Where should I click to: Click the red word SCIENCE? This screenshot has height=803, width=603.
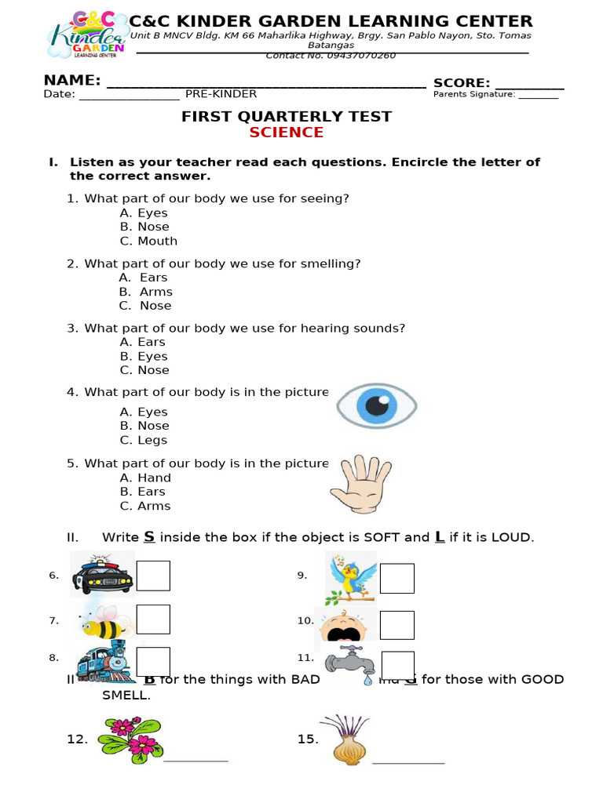tap(286, 133)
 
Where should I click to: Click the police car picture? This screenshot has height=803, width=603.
tap(102, 576)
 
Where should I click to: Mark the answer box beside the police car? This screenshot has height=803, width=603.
tap(153, 576)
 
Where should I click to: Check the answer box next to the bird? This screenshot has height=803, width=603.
tap(397, 578)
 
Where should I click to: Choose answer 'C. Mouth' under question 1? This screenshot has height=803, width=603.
tap(148, 242)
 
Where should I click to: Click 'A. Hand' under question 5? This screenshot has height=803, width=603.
tap(145, 478)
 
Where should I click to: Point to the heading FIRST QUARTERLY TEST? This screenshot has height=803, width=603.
tap(287, 117)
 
